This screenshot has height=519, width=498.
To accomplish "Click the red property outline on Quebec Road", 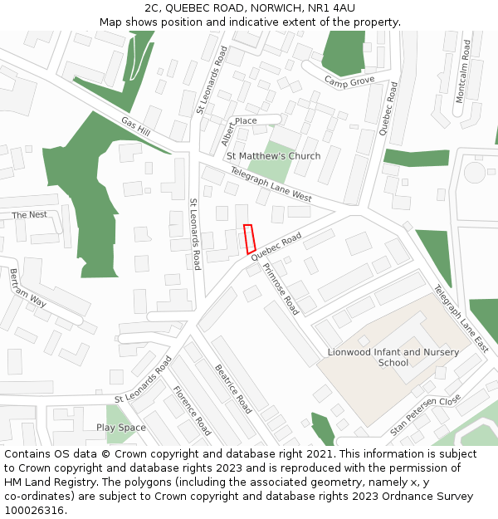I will pos(249,239).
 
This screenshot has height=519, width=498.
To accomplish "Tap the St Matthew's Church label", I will pos(273,156).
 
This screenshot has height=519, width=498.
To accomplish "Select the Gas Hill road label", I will pos(135,127).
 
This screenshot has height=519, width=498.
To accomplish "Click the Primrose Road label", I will pos(281,288).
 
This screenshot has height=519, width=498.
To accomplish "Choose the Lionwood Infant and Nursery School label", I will pos(393,357).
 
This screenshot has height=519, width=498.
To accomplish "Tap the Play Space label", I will pos(120,428).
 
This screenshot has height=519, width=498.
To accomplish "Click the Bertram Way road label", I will pos(27,288).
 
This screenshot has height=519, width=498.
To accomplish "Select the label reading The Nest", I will pos(29,215).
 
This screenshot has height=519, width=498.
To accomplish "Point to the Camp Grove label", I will pos(349,81).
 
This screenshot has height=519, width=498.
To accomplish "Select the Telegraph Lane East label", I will pos(461,319).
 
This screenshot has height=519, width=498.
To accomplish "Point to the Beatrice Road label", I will pos(233,389).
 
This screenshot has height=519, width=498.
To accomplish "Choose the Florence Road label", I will pos(192,410).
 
